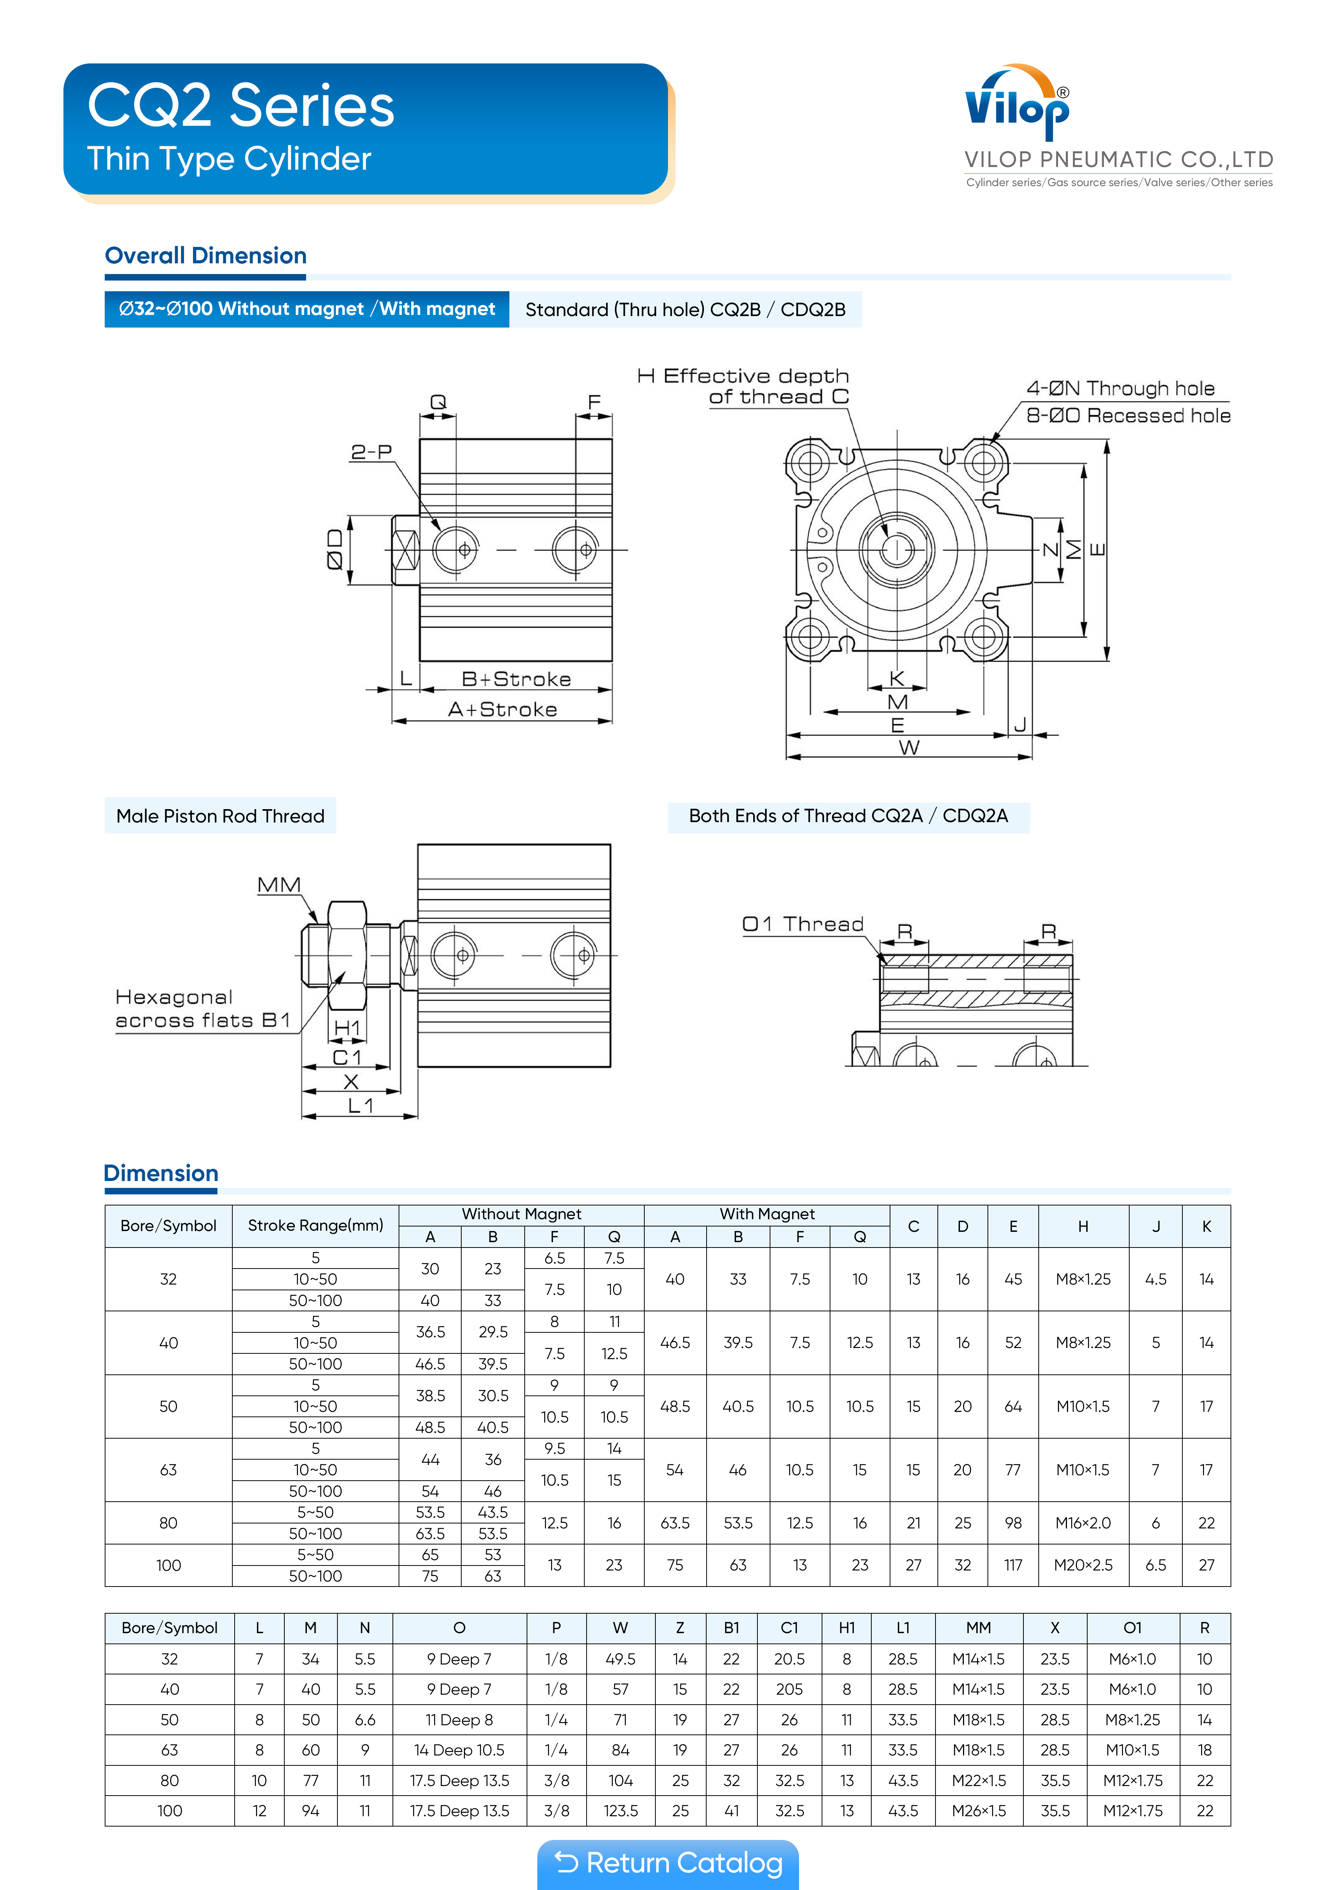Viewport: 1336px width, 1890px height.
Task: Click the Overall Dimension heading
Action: (x=206, y=256)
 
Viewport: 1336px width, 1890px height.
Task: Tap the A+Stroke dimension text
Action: (x=502, y=710)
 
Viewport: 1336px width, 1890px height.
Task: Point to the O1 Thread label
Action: (x=803, y=925)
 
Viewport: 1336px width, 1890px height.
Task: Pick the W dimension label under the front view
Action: (x=909, y=748)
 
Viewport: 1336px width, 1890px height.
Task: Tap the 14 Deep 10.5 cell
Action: (x=459, y=1750)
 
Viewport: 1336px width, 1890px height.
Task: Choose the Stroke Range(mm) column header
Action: (x=315, y=1226)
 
